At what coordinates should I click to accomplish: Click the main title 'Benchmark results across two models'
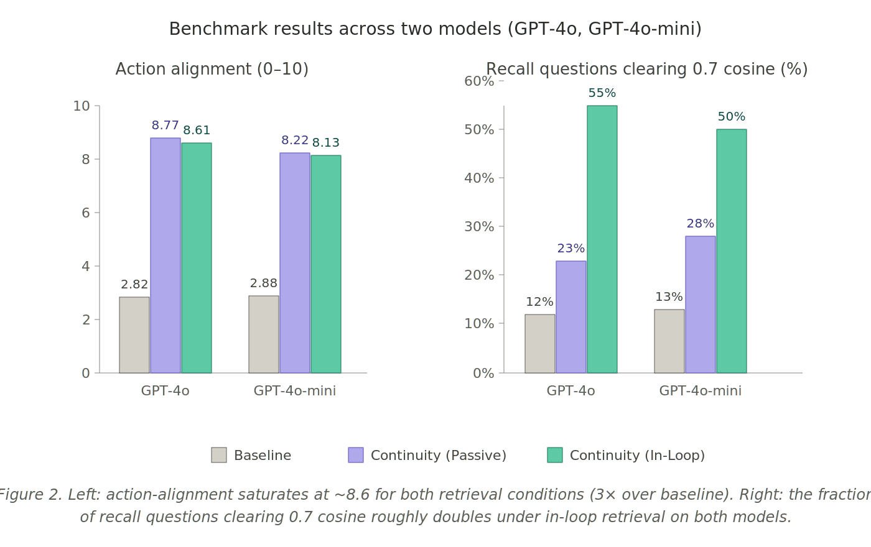[x=435, y=29]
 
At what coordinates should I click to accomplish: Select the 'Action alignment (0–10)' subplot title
[x=212, y=69]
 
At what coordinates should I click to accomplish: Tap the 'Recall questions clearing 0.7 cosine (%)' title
[x=646, y=69]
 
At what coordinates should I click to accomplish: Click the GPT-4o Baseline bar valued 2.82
[x=134, y=335]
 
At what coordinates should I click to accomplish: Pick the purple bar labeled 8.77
[x=165, y=255]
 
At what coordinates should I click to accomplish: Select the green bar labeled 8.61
[x=197, y=258]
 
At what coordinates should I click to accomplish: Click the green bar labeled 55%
[x=602, y=239]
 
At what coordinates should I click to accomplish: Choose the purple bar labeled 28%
[x=701, y=305]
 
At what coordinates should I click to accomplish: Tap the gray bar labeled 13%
[x=669, y=341]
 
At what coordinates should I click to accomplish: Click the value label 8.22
[x=295, y=140]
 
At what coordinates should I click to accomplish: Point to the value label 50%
[x=732, y=117]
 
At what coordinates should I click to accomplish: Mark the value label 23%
[x=571, y=249]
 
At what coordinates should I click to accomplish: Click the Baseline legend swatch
[x=219, y=455]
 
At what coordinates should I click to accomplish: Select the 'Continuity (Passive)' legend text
[x=438, y=456]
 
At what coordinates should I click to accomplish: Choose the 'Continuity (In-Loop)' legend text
[x=637, y=456]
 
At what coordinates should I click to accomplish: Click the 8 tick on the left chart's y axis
[x=85, y=160]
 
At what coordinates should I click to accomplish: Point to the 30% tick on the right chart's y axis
[x=478, y=227]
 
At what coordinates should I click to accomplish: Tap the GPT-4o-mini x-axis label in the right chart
[x=701, y=391]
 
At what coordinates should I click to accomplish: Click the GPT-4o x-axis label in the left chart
[x=165, y=391]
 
